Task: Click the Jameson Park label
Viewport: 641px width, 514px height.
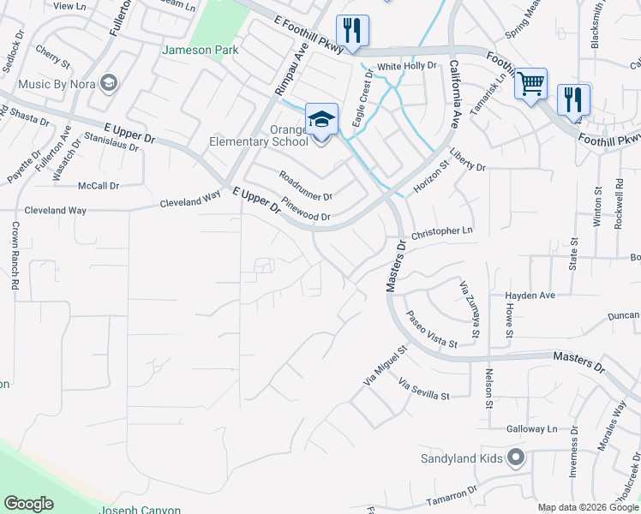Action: [x=201, y=51]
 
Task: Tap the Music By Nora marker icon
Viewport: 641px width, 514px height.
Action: [x=109, y=83]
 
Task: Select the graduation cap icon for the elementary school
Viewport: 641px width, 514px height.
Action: [x=321, y=119]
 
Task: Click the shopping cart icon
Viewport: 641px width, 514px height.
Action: [x=531, y=84]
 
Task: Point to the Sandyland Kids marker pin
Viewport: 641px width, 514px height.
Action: [x=515, y=458]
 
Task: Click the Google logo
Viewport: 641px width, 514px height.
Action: [x=28, y=504]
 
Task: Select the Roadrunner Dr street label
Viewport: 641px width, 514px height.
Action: [x=306, y=186]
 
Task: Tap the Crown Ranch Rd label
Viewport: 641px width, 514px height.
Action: [x=15, y=256]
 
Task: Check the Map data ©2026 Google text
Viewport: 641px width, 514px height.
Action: [x=588, y=507]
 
